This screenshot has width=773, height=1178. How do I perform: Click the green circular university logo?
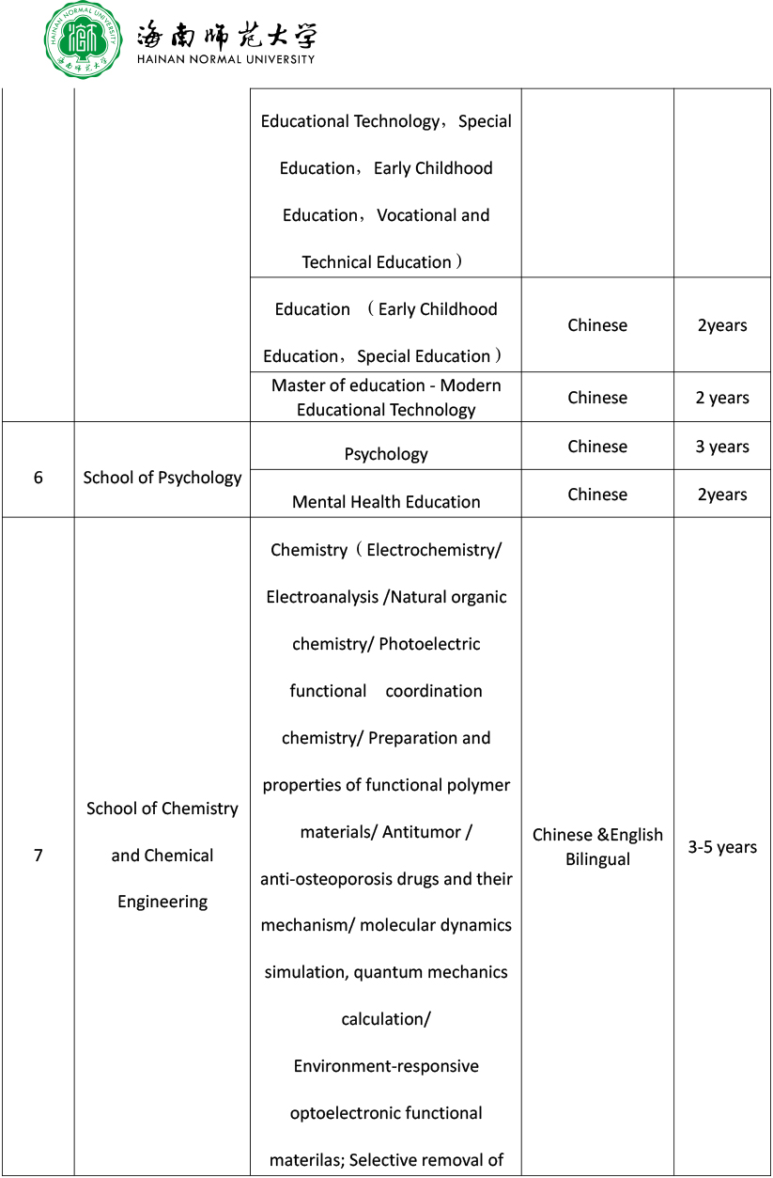point(84,40)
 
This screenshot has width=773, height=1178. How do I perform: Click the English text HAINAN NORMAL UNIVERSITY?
point(225,59)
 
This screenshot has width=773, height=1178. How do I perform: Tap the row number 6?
point(39,478)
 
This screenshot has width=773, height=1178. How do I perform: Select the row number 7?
point(39,856)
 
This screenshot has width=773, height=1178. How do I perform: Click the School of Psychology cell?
point(162,478)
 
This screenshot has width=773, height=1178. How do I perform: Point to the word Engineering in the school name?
point(162,902)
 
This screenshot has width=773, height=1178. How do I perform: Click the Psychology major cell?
point(386,454)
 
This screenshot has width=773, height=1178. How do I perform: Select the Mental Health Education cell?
point(386,502)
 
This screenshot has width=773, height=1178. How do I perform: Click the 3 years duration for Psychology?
point(722,447)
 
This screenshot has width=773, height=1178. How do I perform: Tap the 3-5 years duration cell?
point(722,847)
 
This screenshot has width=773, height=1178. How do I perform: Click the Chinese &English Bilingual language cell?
point(597,847)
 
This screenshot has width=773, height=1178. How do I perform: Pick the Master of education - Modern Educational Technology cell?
point(386,398)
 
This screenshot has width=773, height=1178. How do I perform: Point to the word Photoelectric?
point(429,644)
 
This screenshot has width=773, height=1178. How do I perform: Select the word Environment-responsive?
point(386,1066)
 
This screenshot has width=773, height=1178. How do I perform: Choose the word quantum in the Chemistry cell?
point(387,972)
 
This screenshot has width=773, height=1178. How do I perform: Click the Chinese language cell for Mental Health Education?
point(597,495)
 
